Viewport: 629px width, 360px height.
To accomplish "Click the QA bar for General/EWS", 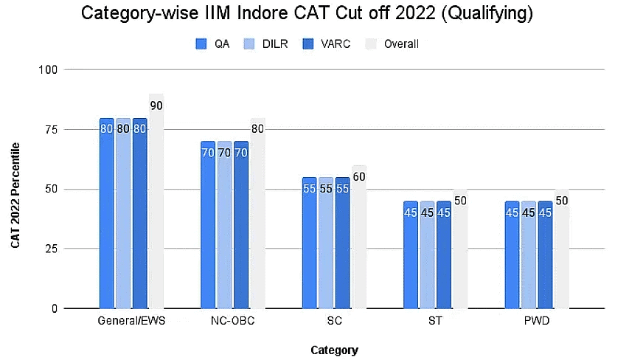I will pos(106,214).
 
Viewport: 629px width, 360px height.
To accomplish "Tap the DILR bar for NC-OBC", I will pos(224,225).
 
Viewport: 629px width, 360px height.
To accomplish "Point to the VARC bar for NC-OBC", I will pos(241,225).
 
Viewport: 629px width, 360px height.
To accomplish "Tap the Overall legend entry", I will pos(401,44).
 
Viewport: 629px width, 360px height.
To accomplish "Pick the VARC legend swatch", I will pos(308,44).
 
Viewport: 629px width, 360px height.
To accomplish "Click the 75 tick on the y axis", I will pos(50,130).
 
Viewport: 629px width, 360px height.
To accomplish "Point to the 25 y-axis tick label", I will pos(50,249).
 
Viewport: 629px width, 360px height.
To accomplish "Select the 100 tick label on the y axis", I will pos(48,70).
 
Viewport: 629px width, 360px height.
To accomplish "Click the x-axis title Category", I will pos(334,350).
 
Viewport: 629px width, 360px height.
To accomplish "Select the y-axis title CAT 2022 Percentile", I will pos(15,199).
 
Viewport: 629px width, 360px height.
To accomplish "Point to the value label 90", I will pos(156,105).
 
